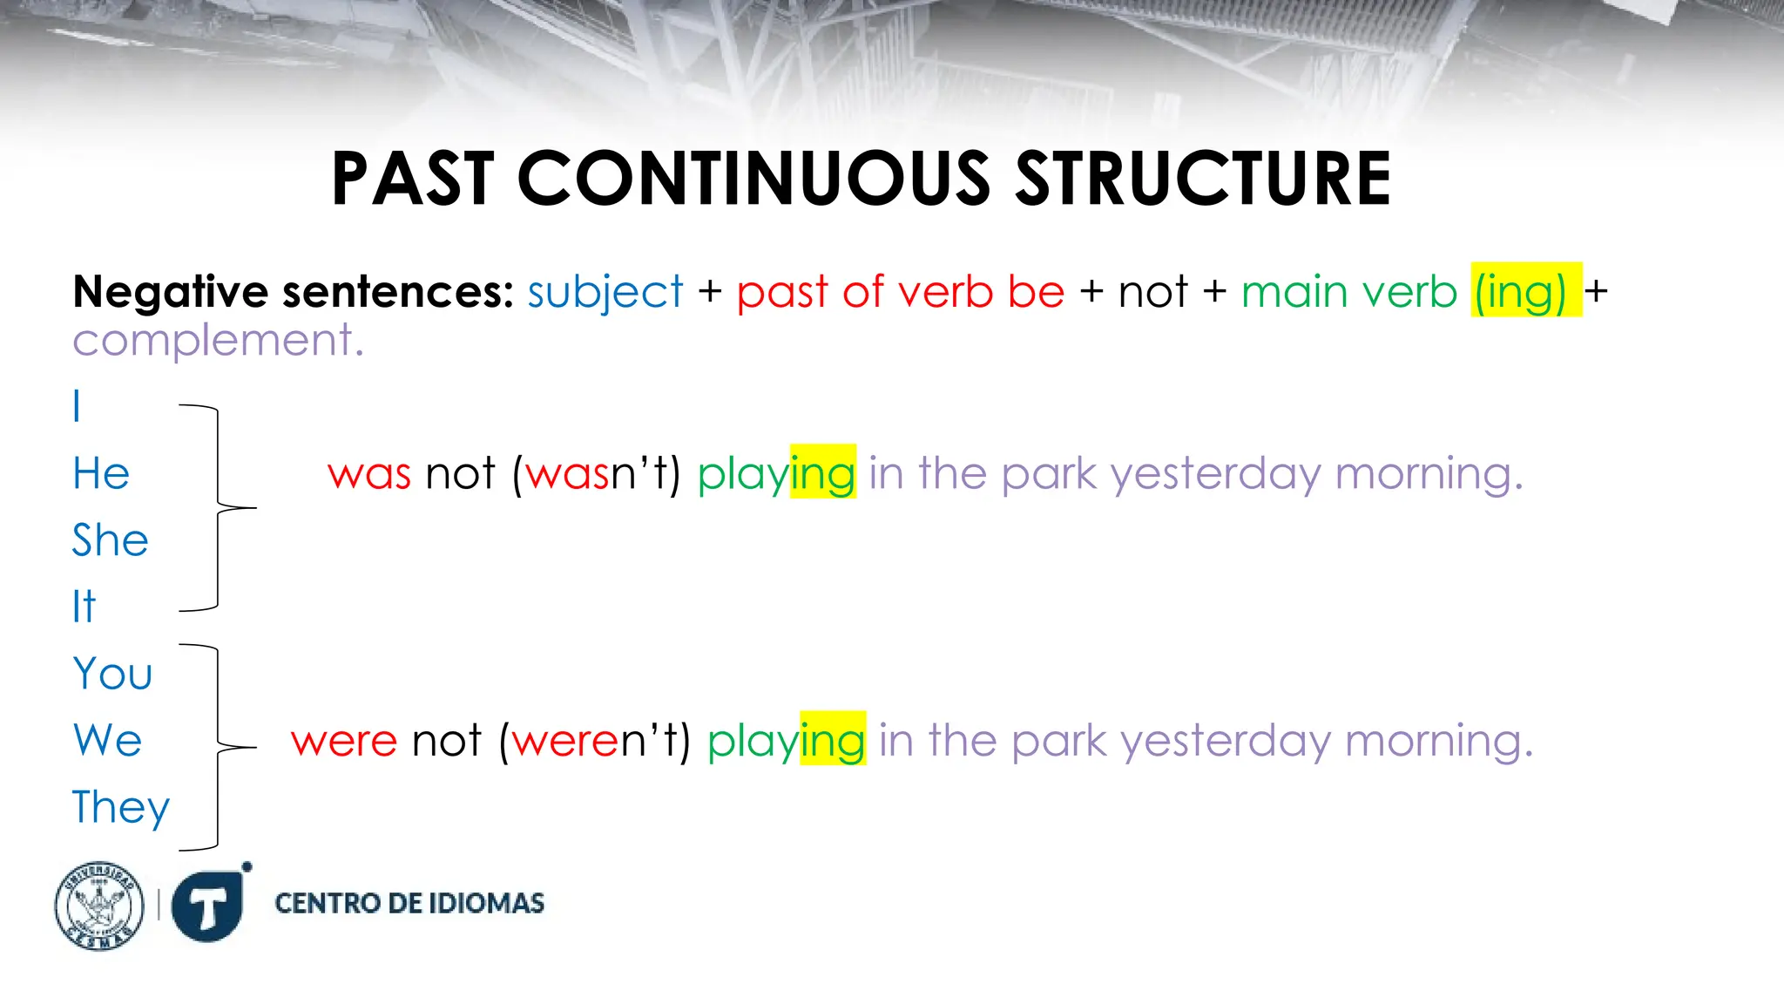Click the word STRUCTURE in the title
click(x=1204, y=179)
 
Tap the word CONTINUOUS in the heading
click(x=753, y=179)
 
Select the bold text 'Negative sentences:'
click(x=294, y=291)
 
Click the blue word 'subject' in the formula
click(x=605, y=292)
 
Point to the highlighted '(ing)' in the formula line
click(x=1525, y=291)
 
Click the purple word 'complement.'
click(x=218, y=340)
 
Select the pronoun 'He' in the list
click(x=101, y=474)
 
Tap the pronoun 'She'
click(x=110, y=540)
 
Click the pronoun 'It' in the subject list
click(x=84, y=607)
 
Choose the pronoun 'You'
click(x=112, y=674)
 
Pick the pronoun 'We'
click(x=107, y=741)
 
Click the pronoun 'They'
click(x=120, y=808)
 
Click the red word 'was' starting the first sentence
click(x=368, y=475)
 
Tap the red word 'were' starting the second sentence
click(x=344, y=742)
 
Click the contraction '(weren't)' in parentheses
click(x=595, y=742)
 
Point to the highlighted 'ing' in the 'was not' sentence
click(x=822, y=473)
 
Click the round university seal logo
click(x=99, y=906)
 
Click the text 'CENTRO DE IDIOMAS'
click(x=409, y=903)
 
